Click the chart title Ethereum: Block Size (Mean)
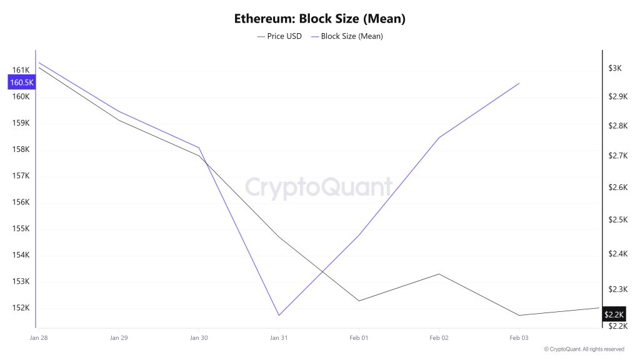click(320, 19)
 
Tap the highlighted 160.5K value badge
click(21, 82)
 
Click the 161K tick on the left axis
click(21, 70)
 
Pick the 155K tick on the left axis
click(21, 229)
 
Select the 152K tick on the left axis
click(21, 308)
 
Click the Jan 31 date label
click(278, 338)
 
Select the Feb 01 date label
click(358, 338)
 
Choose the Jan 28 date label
click(39, 338)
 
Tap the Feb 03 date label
click(518, 338)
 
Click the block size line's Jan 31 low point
click(278, 315)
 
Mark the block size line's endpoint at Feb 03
click(519, 83)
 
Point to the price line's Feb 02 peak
click(439, 274)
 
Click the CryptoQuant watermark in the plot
click(319, 187)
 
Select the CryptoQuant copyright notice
click(584, 349)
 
